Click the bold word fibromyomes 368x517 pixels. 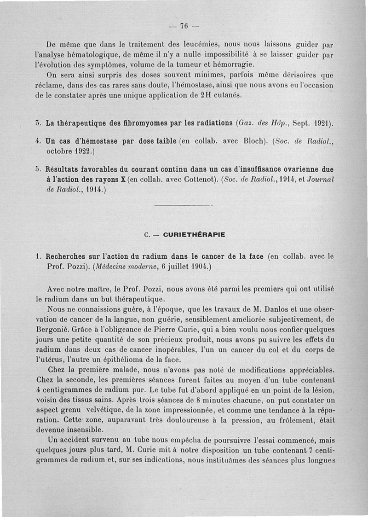point(151,123)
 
